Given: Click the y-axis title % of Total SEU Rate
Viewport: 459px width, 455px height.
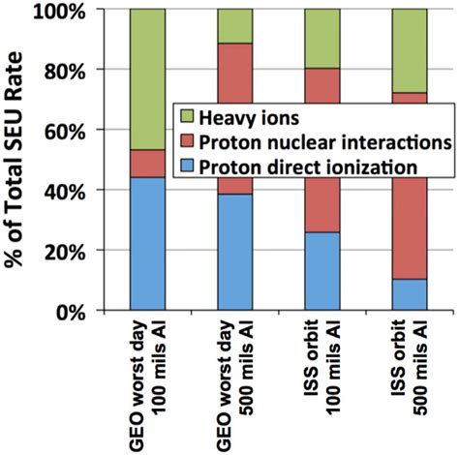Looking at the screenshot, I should click(21, 160).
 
